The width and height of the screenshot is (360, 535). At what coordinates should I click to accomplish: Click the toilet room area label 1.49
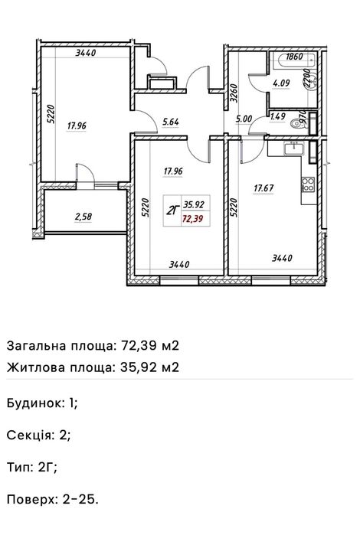(x=279, y=117)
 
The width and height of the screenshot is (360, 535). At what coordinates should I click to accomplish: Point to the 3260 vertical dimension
(x=235, y=95)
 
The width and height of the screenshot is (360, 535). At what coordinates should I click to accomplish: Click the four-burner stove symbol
(x=309, y=184)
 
